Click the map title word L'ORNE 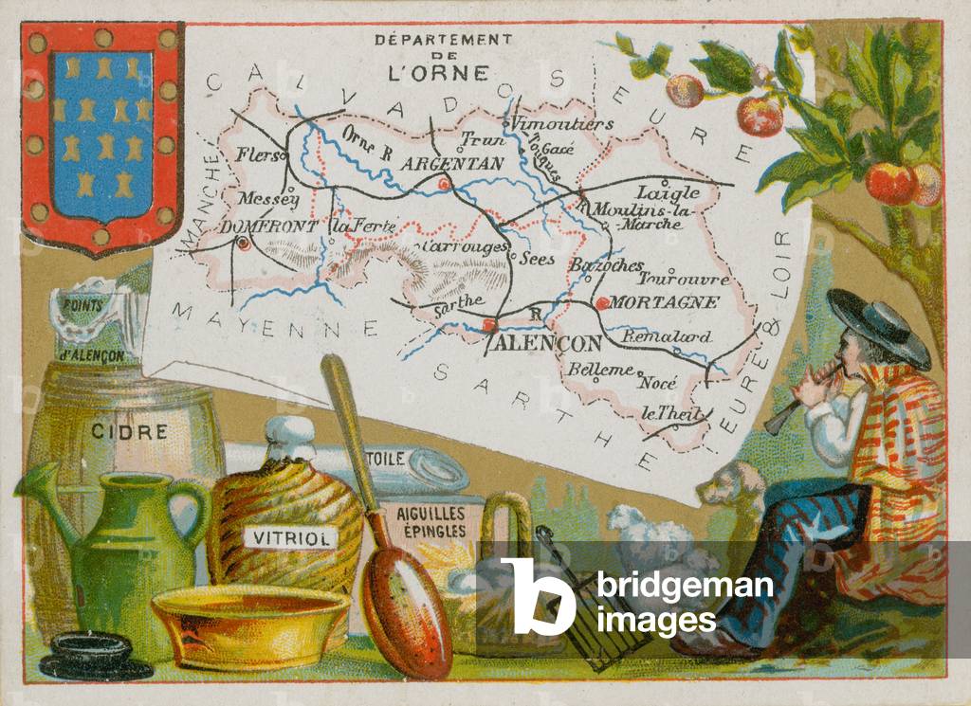pos(442,72)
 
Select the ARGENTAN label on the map pos(452,164)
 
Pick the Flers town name pos(258,155)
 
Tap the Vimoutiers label pos(561,123)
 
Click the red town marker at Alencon pos(489,325)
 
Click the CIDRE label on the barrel pos(130,432)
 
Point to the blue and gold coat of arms pos(101,136)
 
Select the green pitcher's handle pos(192,512)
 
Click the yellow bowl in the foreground pos(250,625)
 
